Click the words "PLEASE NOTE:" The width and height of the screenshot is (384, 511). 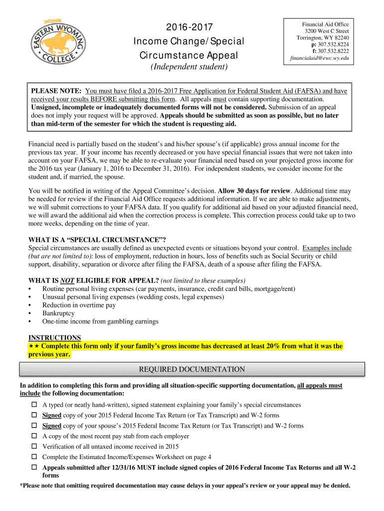pos(57,91)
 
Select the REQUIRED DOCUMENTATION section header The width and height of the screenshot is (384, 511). pos(192,369)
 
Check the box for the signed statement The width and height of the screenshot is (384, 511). pos(35,405)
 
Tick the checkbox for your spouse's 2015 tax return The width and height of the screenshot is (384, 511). pos(35,426)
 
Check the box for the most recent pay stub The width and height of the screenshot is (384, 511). pos(35,436)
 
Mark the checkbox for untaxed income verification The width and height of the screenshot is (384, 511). pos(35,447)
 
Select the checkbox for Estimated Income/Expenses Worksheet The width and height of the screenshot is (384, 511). pos(35,457)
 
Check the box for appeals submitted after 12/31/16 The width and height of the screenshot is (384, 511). pos(35,468)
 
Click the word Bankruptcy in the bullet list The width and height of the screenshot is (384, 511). pos(58,313)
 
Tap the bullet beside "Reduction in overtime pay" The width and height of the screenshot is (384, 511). pos(30,305)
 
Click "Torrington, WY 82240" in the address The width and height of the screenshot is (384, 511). pos(323,38)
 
